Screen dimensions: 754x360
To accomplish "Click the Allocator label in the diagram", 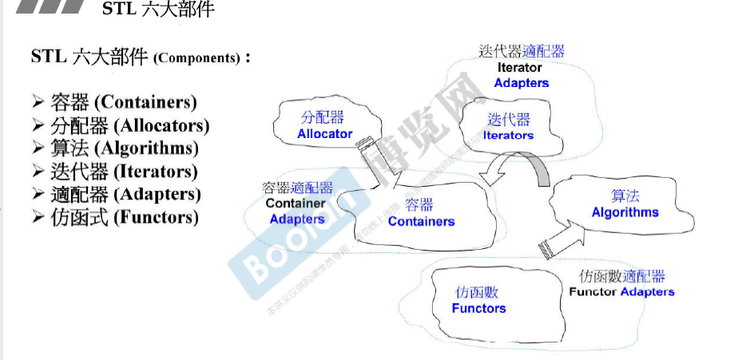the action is [324, 134].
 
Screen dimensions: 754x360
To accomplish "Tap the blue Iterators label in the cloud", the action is [508, 136].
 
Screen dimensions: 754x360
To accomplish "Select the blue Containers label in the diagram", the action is [421, 221].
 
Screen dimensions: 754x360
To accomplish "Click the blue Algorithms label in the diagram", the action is [625, 212].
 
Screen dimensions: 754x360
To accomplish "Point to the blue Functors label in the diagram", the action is [478, 308].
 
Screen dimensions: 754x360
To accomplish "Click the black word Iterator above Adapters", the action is [519, 68].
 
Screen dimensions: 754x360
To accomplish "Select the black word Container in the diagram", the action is [296, 204].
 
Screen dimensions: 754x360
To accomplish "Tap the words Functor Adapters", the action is [621, 292].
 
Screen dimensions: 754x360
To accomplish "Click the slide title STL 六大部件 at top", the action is [158, 10].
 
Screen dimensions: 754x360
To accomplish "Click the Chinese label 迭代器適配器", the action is [522, 52].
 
